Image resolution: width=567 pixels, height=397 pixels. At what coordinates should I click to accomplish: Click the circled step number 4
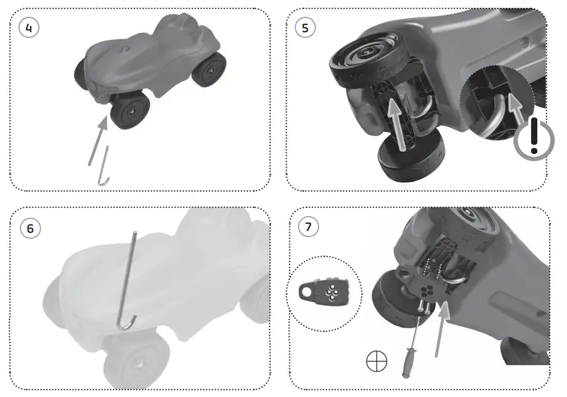29,27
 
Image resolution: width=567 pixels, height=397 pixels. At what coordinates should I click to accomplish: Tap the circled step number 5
306,27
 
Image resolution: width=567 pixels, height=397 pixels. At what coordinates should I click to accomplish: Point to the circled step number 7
308,226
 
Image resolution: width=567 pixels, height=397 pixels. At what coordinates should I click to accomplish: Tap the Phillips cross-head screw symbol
376,362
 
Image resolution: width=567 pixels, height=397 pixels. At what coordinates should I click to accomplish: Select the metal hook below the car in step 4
104,167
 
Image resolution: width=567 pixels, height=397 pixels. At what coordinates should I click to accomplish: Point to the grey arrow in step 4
97,141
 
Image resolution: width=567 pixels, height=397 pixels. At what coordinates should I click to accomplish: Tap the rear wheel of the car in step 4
211,69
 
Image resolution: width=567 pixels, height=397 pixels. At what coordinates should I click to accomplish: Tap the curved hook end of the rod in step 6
127,322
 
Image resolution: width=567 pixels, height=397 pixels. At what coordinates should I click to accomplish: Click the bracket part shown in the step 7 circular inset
326,293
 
